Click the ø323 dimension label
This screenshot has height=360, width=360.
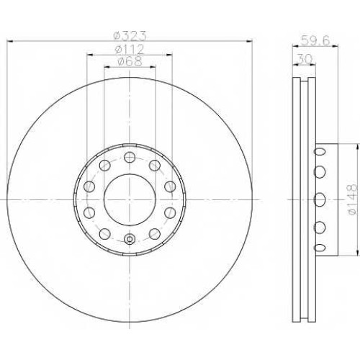coord(130,36)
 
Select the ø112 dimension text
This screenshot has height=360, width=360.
coord(130,50)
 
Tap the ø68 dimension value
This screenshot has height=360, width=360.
coord(130,61)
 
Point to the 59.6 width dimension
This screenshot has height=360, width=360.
coord(315,40)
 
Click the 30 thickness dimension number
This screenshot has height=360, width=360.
coord(305,59)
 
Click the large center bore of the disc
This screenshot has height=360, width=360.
coord(130,199)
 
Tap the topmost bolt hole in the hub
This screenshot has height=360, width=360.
coord(130,158)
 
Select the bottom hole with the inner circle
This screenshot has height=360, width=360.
coord(130,239)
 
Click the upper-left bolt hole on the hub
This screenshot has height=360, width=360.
coord(105,166)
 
